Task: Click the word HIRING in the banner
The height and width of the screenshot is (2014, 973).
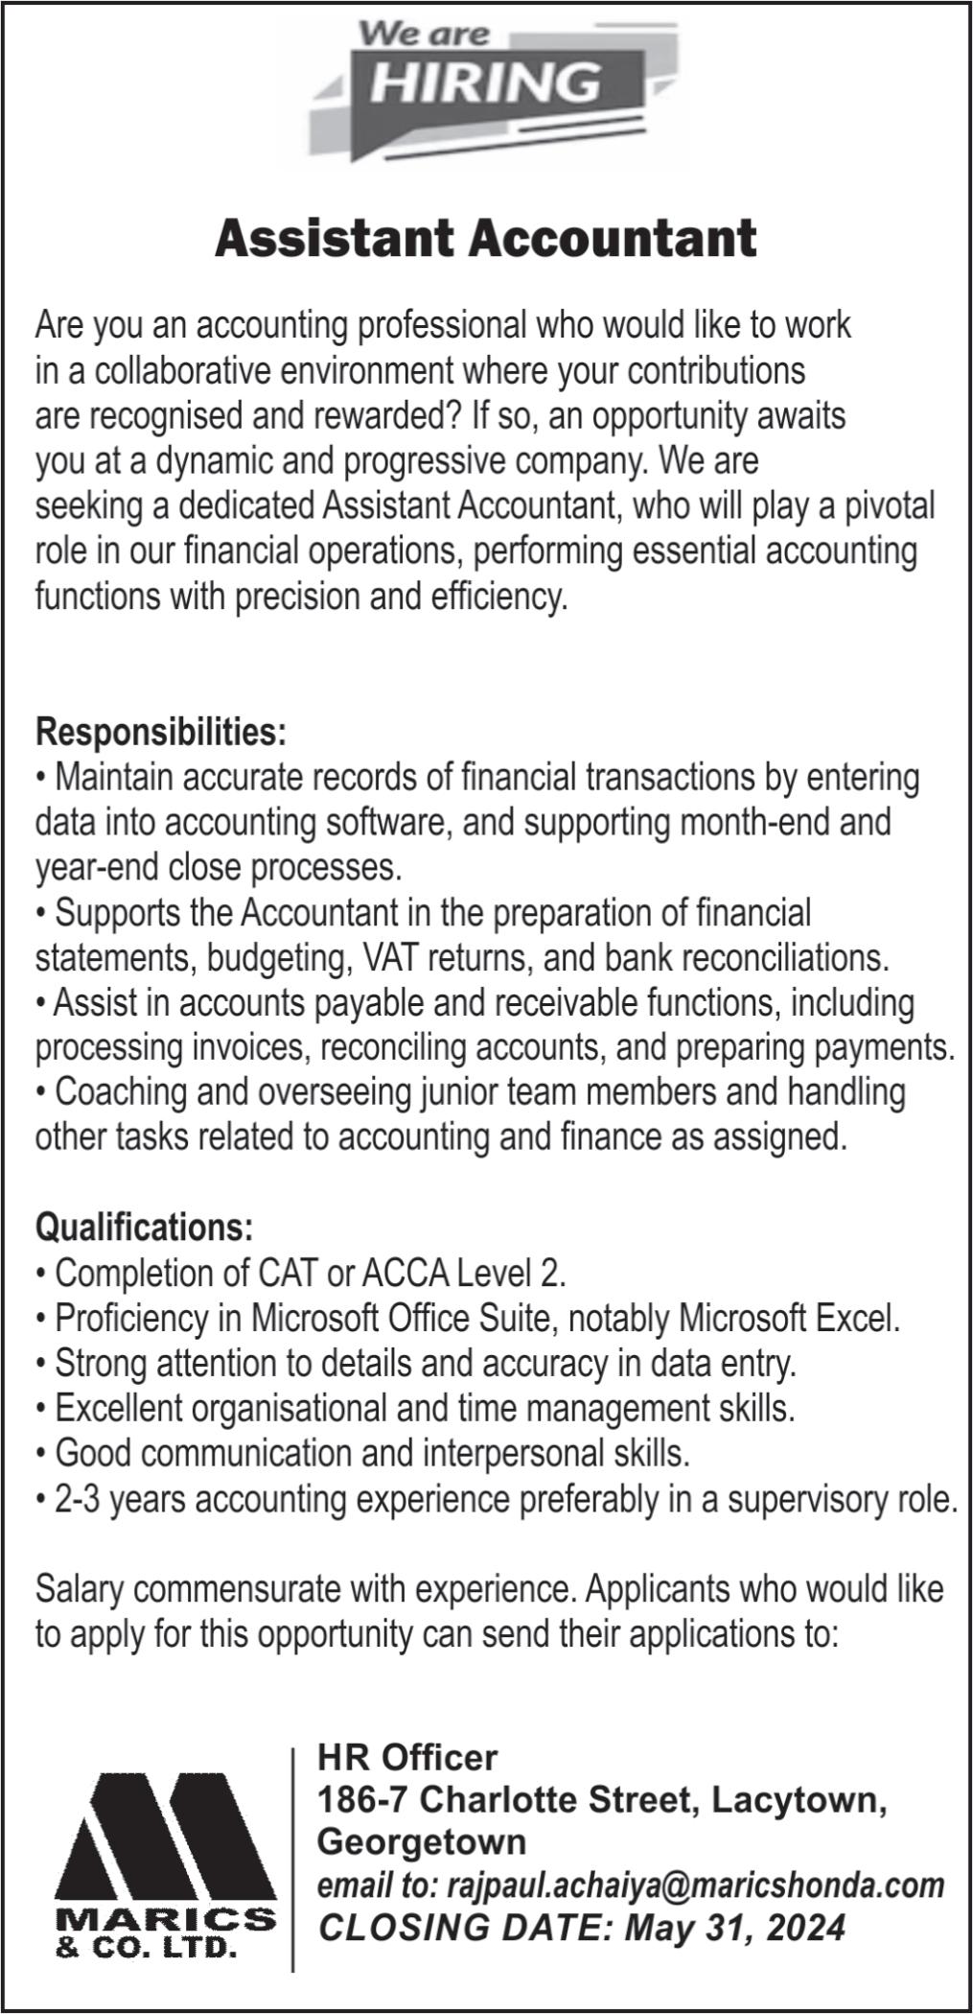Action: tap(485, 81)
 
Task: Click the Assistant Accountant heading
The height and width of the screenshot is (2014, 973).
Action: tap(486, 238)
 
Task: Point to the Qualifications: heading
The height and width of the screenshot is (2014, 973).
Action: tap(145, 1227)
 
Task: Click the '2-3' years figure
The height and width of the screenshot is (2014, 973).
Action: tap(77, 1498)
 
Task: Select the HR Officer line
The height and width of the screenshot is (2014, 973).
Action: tap(407, 1758)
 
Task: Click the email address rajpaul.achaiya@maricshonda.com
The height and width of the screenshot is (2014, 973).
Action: tap(696, 1885)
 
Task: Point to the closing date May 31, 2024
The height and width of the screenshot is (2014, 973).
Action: tap(736, 1927)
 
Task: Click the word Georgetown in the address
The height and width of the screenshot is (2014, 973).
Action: tap(422, 1842)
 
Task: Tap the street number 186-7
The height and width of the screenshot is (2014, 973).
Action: tap(363, 1800)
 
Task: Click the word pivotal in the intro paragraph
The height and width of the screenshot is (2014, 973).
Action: tap(889, 505)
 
